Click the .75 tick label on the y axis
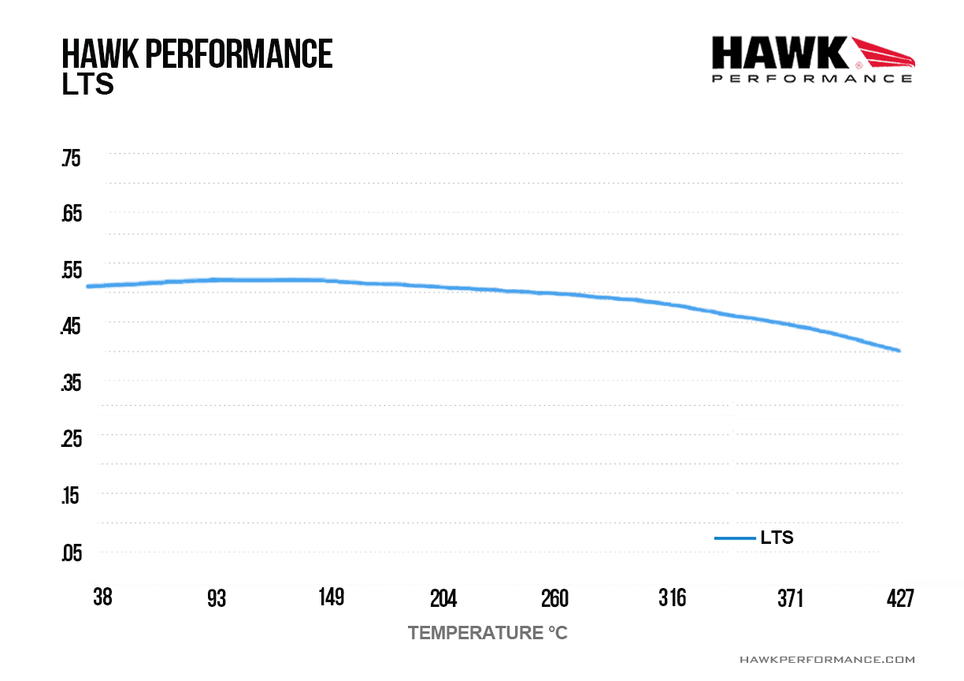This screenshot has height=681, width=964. point(71,158)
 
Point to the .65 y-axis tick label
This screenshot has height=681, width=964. point(72,214)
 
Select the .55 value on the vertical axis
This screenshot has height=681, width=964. point(72,270)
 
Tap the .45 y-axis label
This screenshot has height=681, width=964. point(71,326)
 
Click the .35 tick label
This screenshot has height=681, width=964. point(71,383)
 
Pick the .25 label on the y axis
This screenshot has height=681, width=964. point(72,439)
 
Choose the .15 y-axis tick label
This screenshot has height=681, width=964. point(70,495)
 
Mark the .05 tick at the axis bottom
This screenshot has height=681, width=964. point(72,553)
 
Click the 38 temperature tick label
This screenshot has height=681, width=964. point(103,597)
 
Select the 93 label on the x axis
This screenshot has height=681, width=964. point(217,598)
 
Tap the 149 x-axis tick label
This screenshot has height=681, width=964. point(332,597)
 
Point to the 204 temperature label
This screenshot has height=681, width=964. point(443,598)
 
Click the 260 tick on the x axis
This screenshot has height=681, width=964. point(554,598)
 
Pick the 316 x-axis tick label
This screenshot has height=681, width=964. point(673,598)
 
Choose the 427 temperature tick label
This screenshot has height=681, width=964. point(900,598)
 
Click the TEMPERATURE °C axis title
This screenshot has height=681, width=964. point(488,633)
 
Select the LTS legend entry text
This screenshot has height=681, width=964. point(777,538)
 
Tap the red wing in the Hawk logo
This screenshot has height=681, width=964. point(883,53)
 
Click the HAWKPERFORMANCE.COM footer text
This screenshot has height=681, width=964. point(827,660)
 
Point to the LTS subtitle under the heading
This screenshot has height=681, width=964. point(87,84)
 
